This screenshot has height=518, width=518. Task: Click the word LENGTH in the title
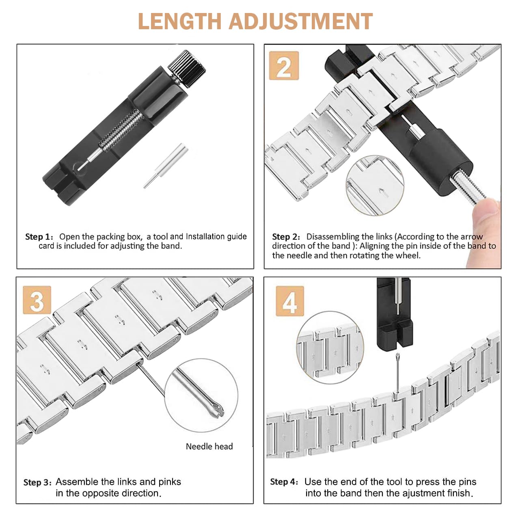click(x=180, y=21)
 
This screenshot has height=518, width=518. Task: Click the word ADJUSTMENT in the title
click(x=300, y=21)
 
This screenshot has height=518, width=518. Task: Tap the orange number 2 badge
click(x=284, y=66)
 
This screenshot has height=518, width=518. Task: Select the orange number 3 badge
click(x=37, y=300)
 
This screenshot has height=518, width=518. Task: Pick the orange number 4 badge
click(x=290, y=301)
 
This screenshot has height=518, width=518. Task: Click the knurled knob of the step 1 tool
click(x=187, y=69)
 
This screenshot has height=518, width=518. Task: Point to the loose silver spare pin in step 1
click(x=166, y=165)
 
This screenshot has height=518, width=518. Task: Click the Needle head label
click(x=209, y=447)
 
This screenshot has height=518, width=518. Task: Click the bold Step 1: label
click(x=39, y=237)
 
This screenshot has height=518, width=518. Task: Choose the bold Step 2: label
click(x=286, y=237)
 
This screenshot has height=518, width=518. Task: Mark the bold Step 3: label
click(x=37, y=483)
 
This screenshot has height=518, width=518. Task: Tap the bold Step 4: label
click(x=284, y=482)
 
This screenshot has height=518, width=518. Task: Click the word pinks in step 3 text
click(x=170, y=482)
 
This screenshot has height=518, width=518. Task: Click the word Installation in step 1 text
click(x=205, y=237)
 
